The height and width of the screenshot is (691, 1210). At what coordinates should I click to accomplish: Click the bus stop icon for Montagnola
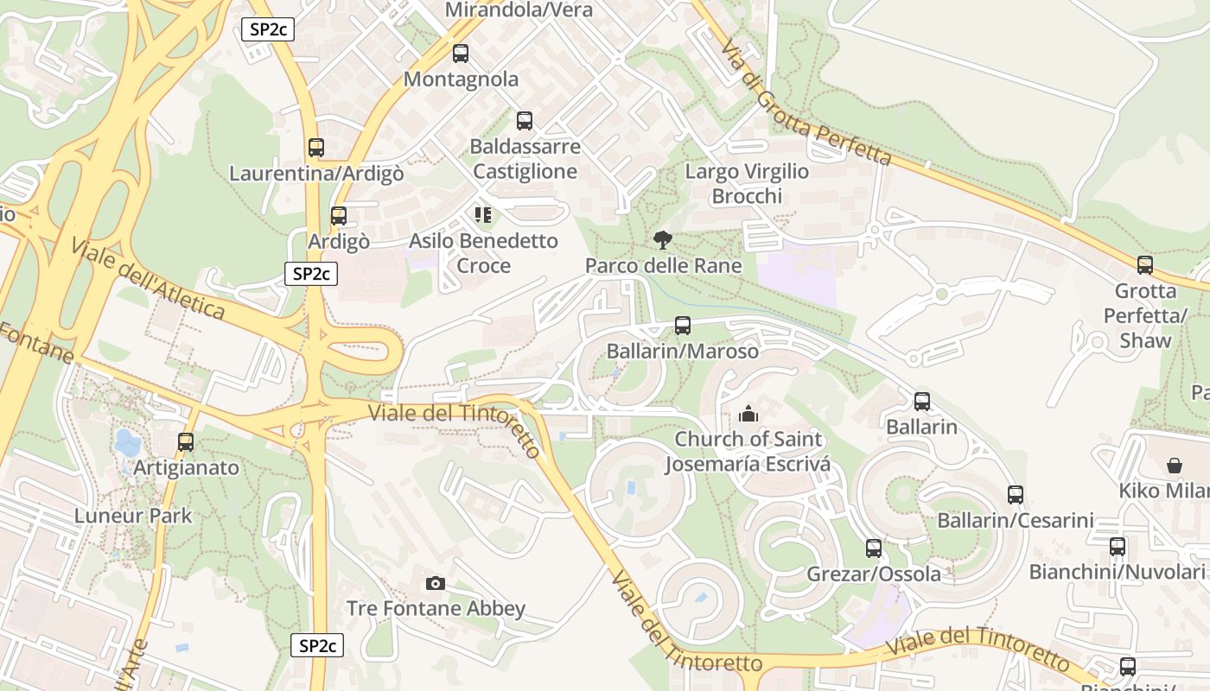pos(461,54)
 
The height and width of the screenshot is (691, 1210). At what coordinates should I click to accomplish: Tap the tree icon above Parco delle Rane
pos(663,239)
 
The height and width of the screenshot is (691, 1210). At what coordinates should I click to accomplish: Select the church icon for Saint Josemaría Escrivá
pos(748,414)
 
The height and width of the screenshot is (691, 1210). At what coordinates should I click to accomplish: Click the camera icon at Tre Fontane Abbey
pos(436,583)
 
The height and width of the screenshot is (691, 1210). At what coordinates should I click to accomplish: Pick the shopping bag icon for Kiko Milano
pos(1175,466)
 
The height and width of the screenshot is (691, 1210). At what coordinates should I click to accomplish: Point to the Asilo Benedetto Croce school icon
pos(482,214)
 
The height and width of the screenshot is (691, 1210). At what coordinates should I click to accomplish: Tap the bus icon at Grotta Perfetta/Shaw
pos(1145,265)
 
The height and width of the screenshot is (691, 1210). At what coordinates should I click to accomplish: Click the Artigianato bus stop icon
pos(186,442)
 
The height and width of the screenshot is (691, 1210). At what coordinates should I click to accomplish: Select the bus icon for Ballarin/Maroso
pos(683,326)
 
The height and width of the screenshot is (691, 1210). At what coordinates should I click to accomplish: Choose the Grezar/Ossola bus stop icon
pos(874,548)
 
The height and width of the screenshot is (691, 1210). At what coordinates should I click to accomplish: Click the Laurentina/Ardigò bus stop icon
pos(316,148)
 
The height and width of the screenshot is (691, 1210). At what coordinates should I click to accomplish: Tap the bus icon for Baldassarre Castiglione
pos(525,121)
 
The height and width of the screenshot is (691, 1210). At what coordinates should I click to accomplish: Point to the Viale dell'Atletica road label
pos(148,278)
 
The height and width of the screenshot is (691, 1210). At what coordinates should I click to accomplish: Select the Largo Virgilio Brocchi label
pos(747,183)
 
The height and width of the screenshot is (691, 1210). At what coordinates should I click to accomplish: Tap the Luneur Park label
pos(133,516)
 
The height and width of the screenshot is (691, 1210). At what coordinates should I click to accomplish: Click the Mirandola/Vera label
pos(519,10)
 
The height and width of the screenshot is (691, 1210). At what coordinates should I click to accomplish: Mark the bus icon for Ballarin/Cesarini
pos(1016,495)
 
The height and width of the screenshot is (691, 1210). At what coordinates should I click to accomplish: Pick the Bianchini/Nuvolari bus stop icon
pos(1118,547)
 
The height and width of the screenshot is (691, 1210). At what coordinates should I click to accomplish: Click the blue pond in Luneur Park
pos(127,442)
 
